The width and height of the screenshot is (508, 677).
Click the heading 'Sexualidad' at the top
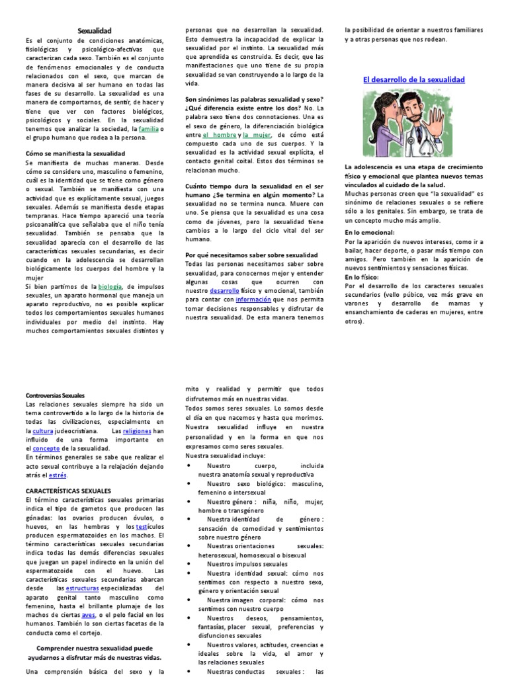tap(95, 30)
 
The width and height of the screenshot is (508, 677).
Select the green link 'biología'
tap(110, 286)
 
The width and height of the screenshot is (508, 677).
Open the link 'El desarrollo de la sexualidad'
tap(414, 79)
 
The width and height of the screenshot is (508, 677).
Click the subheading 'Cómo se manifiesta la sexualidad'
tap(75, 153)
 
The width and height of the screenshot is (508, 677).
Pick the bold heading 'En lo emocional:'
tap(369, 233)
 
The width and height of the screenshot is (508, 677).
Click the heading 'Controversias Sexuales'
tap(60, 395)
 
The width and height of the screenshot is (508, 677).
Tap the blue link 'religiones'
tap(138, 430)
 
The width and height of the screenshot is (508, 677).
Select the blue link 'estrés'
tap(58, 474)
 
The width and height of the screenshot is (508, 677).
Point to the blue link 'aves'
tap(88, 596)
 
